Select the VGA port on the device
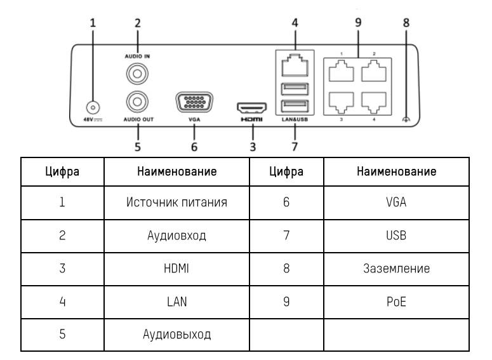tap(194, 103)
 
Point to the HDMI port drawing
tap(253, 109)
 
